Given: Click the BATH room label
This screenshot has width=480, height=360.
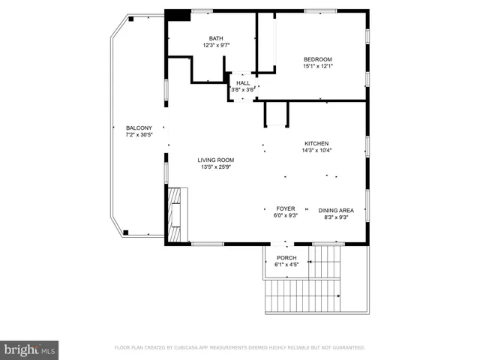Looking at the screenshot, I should coord(216,37).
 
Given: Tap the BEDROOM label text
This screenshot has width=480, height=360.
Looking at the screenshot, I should coord(317,59).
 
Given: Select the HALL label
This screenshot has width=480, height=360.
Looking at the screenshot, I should coord(242,82).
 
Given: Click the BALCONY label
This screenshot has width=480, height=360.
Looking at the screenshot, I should coord(139,127).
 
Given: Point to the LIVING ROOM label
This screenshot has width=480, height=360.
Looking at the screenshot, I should coord(216,160).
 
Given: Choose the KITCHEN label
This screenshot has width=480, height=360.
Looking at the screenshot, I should coord(316,143).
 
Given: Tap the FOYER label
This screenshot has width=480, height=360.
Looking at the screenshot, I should coord(286,208).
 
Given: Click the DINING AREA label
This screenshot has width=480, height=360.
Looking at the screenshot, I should coord(336,211).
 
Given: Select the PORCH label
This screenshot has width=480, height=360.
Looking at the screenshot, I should coord(286,257).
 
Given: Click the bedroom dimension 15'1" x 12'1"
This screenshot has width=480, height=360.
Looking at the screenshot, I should coord(317,66).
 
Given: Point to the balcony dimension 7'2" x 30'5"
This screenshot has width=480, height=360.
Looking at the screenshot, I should coord(139,135).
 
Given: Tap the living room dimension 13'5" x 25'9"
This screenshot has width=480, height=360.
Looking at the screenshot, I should coord(216,166).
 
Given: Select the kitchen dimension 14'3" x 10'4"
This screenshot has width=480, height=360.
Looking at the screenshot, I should coord(316,150).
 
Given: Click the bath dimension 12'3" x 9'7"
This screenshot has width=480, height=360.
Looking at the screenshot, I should coord(216,45).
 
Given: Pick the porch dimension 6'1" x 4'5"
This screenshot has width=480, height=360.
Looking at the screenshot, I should coord(286,264).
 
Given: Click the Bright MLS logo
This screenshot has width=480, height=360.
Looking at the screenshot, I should coord(30,349).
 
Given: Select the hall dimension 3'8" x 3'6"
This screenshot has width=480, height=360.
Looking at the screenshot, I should coord(242,90).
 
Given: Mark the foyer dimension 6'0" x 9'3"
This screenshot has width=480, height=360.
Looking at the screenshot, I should coord(286,215).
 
